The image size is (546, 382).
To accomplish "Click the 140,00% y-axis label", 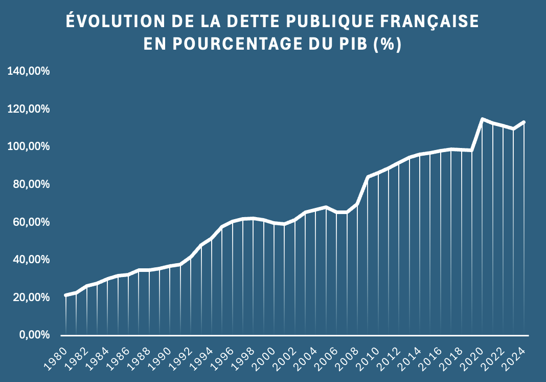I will pos(28,71).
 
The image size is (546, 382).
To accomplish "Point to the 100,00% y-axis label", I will pos(28,146).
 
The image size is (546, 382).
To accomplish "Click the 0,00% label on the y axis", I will pos(33,335).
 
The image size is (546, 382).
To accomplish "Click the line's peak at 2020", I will pos(482,119).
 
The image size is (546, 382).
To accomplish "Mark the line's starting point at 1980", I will pos(65,295).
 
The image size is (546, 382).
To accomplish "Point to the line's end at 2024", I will pos(524,122).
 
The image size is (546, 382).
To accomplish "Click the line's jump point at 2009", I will pos(368,177).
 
